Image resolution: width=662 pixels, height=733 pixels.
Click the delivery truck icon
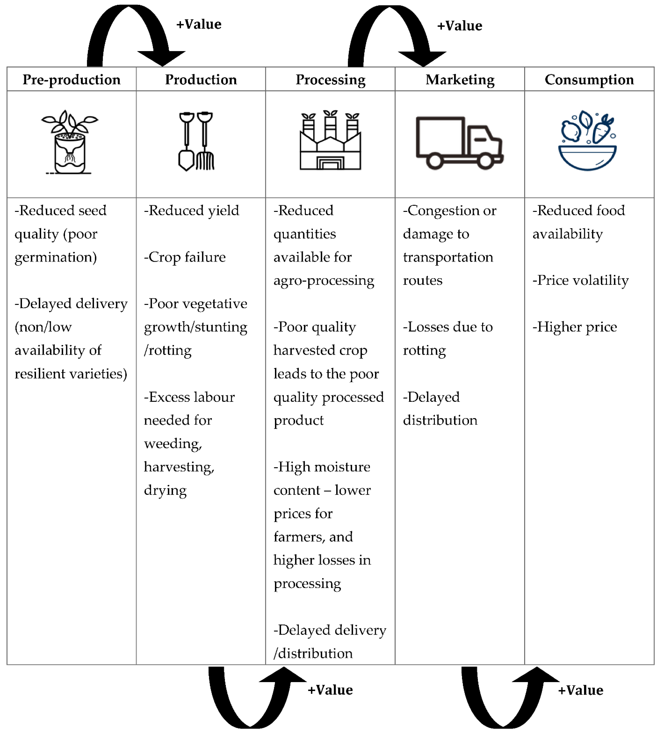(x=459, y=143)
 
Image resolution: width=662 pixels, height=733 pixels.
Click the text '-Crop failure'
(x=185, y=257)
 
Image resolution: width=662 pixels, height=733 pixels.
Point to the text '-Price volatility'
(x=580, y=280)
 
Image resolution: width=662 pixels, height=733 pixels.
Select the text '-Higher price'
(x=574, y=327)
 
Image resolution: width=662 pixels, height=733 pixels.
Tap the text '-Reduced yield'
(x=191, y=211)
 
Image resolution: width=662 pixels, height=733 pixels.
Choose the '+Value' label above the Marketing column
(x=460, y=26)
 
